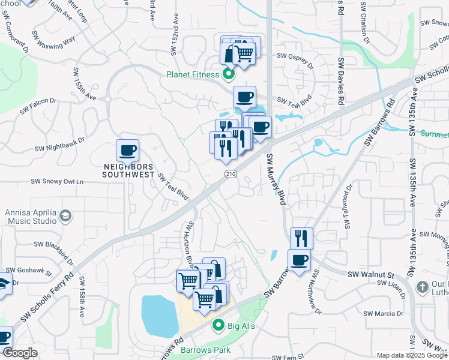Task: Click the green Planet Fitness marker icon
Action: [228, 75]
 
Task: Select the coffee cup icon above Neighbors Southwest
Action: [127, 150]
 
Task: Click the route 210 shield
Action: [231, 174]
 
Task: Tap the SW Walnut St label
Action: [370, 274]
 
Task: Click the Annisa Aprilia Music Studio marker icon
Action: [65, 215]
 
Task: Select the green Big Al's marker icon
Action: [218, 326]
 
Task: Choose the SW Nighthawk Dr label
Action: [59, 144]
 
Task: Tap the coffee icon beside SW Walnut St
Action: [300, 260]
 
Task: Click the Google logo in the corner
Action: [20, 353]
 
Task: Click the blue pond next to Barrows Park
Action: [158, 314]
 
